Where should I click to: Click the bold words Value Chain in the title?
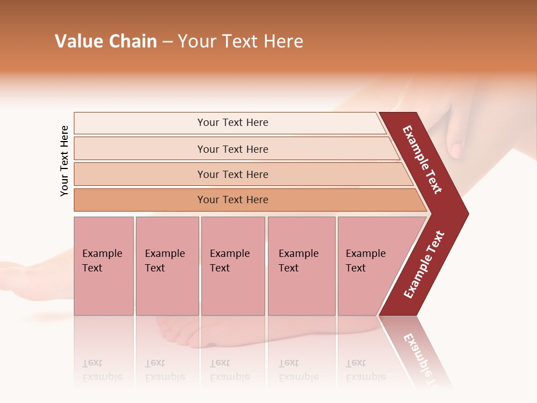pyautogui.click(x=106, y=41)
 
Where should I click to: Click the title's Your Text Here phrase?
pyautogui.click(x=241, y=41)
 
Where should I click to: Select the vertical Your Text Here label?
pyautogui.click(x=64, y=161)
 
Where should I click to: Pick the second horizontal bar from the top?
pyautogui.click(x=232, y=149)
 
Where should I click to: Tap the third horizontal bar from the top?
pyautogui.click(x=232, y=174)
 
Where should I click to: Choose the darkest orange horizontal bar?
pyautogui.click(x=232, y=200)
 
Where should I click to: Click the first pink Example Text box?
pyautogui.click(x=103, y=266)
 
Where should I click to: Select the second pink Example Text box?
pyautogui.click(x=167, y=266)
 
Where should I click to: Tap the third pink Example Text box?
pyautogui.click(x=233, y=266)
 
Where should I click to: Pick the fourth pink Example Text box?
pyautogui.click(x=301, y=266)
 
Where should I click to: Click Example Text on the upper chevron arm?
pyautogui.click(x=422, y=160)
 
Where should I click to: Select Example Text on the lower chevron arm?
pyautogui.click(x=424, y=265)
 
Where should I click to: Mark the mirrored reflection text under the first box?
pyautogui.click(x=102, y=370)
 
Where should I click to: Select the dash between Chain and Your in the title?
pyautogui.click(x=167, y=42)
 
